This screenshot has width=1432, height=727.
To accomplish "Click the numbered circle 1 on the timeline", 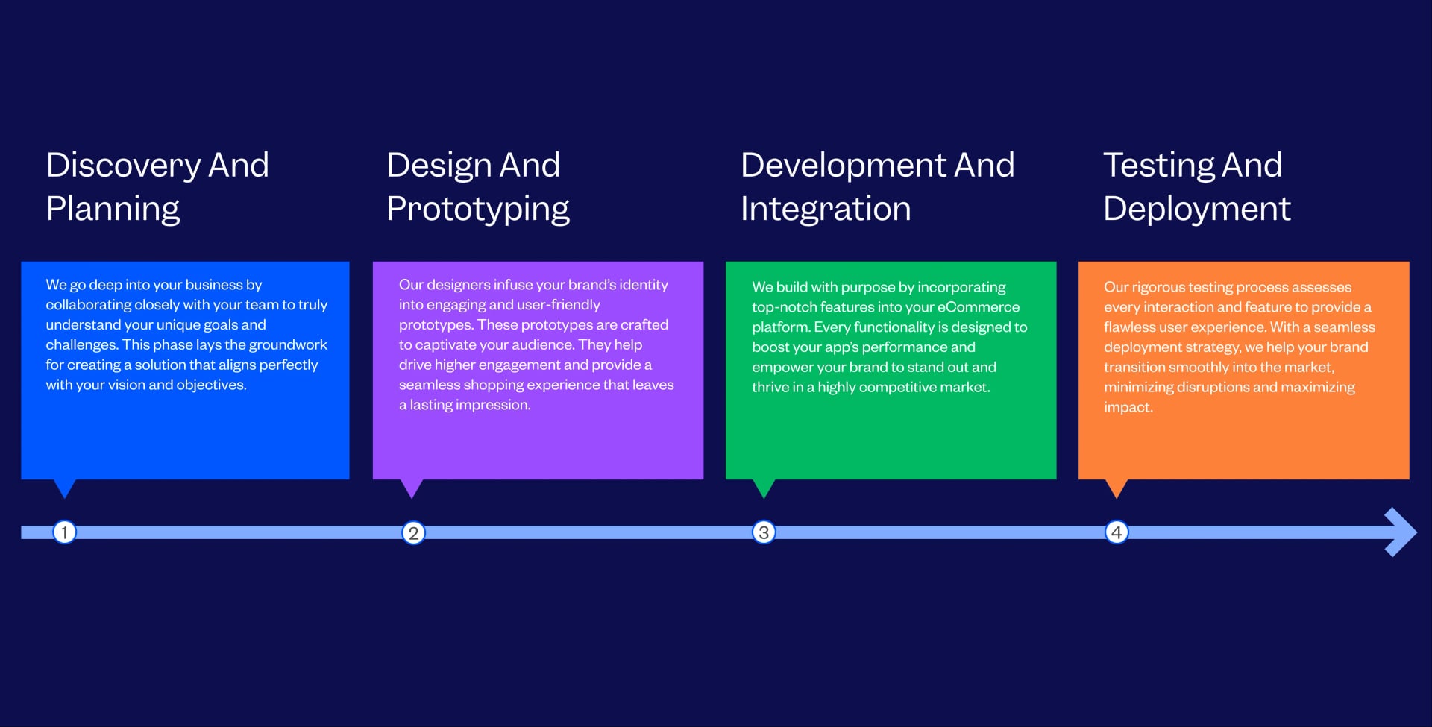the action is click(x=64, y=532).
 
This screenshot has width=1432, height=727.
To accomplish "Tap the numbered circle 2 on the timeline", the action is click(x=413, y=532).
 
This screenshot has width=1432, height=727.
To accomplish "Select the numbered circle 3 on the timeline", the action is click(x=764, y=532).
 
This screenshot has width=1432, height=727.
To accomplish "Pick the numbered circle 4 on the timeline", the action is click(x=1117, y=532).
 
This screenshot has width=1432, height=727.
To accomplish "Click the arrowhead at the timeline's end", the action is click(x=1401, y=532).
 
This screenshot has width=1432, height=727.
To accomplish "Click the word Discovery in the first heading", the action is click(x=123, y=166).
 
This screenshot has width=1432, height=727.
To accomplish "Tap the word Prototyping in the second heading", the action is click(x=478, y=210).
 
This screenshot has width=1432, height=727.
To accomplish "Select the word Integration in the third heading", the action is click(x=826, y=209).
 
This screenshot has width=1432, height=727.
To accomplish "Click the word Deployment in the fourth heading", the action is click(x=1197, y=210).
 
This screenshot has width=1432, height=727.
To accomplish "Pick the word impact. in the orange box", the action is click(x=1128, y=407).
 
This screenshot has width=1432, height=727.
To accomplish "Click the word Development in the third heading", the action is click(x=843, y=166).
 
